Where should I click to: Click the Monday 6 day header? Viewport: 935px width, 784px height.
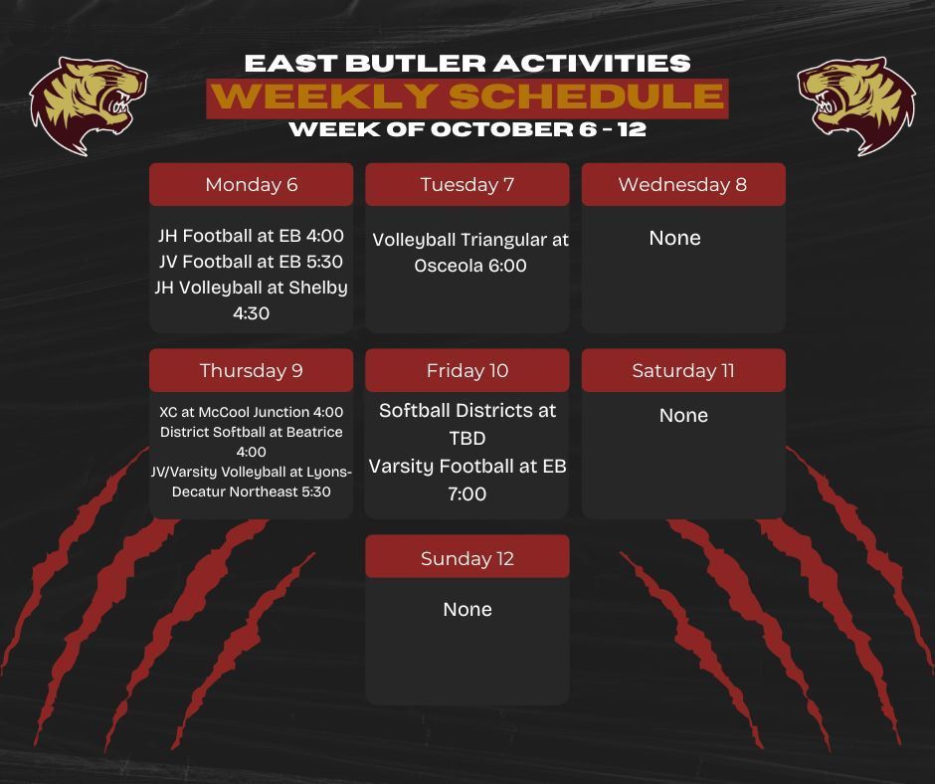(x=251, y=185)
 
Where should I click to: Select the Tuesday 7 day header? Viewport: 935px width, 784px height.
(x=467, y=185)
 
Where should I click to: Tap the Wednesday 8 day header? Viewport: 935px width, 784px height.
(x=682, y=185)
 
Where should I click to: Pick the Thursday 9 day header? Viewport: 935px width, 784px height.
(x=251, y=371)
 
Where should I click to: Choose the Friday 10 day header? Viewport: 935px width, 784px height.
(x=467, y=371)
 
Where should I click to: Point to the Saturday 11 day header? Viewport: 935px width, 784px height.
(x=683, y=371)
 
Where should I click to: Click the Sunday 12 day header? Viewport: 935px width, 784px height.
(x=467, y=558)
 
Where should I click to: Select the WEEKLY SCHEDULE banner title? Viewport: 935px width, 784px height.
(x=467, y=98)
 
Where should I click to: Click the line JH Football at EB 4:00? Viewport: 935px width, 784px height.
(x=251, y=237)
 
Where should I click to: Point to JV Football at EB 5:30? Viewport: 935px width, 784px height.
(x=251, y=262)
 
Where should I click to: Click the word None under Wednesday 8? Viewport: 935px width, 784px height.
(x=674, y=238)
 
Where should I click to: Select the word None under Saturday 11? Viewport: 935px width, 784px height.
(x=683, y=415)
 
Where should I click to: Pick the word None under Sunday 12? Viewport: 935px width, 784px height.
(x=467, y=609)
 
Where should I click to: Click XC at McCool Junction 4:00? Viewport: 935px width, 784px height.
(x=251, y=412)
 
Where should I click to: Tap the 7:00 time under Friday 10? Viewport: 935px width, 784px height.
(x=467, y=493)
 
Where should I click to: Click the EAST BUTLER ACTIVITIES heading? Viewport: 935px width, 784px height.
(x=467, y=64)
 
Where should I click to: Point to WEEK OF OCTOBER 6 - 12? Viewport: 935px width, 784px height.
(x=467, y=129)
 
